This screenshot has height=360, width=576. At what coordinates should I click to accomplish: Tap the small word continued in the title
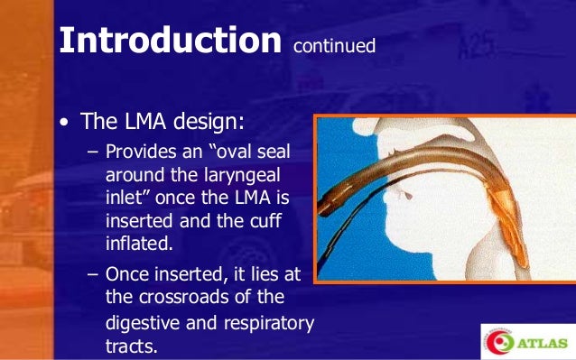(333, 45)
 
